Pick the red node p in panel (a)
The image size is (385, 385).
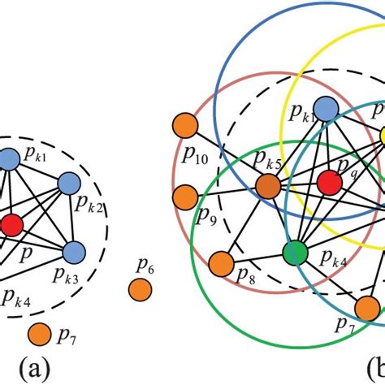click(11, 224)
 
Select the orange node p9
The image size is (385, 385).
click(186, 196)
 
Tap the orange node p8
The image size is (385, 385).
click(220, 263)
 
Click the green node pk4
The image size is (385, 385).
click(293, 253)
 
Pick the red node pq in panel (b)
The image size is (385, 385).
click(329, 183)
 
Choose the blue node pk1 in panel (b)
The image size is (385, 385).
click(326, 108)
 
